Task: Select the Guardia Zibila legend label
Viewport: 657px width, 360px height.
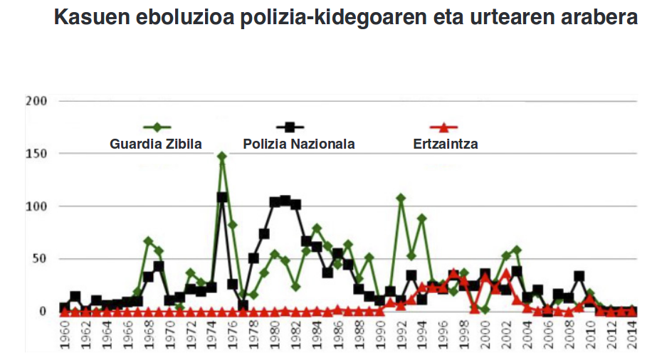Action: coord(155,144)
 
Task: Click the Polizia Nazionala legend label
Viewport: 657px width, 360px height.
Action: coord(298,144)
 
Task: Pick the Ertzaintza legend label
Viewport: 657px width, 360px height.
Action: coord(445,144)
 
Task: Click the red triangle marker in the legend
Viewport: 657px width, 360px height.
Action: coord(444,128)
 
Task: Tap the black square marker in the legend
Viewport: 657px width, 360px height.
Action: coord(290,127)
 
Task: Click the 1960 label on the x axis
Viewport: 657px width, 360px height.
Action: coord(64,336)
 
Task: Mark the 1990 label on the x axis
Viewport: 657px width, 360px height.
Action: coord(379,336)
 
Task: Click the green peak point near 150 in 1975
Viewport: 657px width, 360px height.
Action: coord(222,156)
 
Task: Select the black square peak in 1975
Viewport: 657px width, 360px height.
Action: coord(222,197)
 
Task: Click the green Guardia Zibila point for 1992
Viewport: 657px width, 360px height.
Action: coord(401,198)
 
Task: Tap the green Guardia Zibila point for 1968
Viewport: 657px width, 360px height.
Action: coord(148,241)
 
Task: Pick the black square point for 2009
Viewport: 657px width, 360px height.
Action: coord(579,276)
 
